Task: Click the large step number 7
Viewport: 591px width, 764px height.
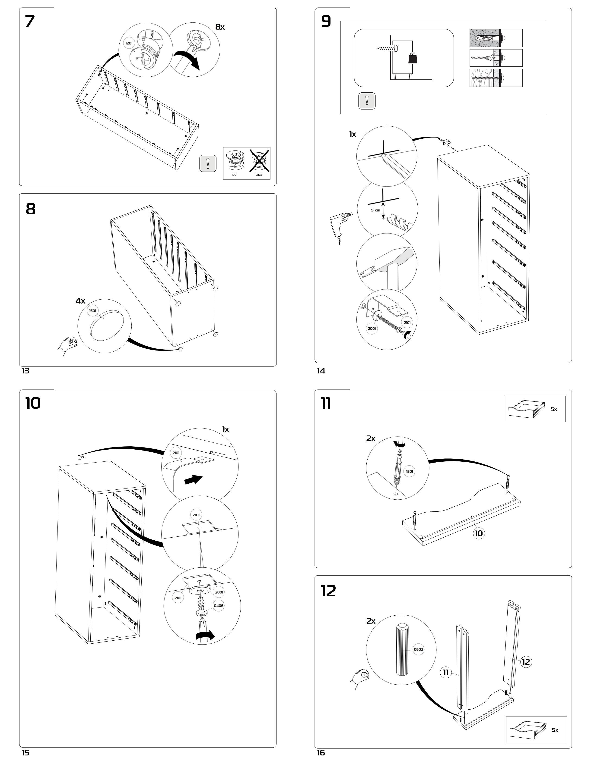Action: click(30, 22)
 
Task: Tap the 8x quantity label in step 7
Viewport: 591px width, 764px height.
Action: click(220, 27)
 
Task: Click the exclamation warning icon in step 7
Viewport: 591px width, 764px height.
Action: click(208, 163)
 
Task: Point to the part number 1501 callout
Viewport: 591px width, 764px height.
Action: click(92, 311)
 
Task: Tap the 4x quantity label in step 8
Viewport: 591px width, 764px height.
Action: click(80, 301)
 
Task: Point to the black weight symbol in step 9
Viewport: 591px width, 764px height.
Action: click(413, 58)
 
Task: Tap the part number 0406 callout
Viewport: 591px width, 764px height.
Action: click(219, 606)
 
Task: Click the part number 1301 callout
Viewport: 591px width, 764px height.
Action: click(409, 471)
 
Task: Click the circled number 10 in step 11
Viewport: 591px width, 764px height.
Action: click(479, 533)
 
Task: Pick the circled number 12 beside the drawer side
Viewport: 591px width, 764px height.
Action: click(526, 662)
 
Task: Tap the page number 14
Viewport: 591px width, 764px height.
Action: click(321, 371)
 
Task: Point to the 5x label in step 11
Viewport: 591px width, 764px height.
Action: click(553, 409)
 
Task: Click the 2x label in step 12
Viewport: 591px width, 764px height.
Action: click(371, 621)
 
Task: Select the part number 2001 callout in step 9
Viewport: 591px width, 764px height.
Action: click(372, 329)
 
